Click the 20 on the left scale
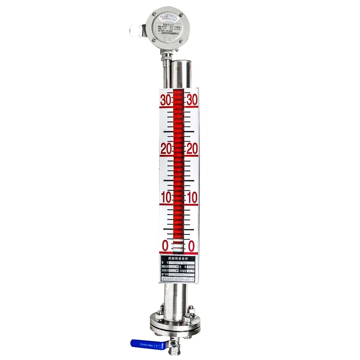(166, 149)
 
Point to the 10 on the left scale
(166, 198)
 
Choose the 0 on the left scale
(165, 246)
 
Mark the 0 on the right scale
(191, 246)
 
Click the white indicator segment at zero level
(179, 247)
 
